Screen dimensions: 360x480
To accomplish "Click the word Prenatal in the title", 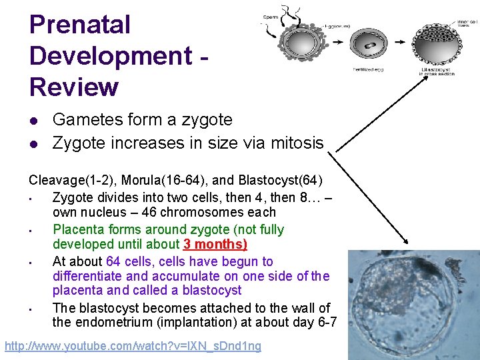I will click(x=80, y=25).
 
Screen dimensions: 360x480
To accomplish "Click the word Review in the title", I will click(x=74, y=87).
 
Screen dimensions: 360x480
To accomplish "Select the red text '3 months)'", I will click(x=215, y=244).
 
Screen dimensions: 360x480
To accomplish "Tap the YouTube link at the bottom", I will click(x=133, y=346).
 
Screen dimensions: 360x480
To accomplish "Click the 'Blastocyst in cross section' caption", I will click(x=437, y=71).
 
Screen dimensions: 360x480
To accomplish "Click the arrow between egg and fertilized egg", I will click(x=337, y=42).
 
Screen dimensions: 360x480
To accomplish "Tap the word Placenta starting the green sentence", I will click(x=78, y=229).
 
